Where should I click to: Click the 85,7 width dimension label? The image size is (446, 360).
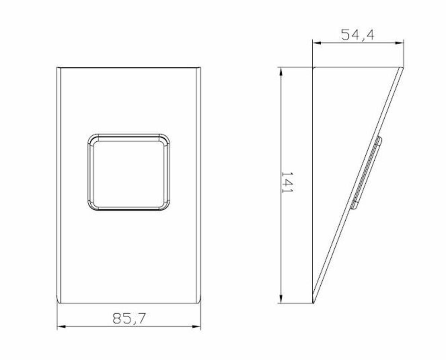tap(129, 318)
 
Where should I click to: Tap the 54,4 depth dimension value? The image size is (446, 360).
tap(358, 35)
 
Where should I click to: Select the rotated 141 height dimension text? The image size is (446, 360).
tap(287, 182)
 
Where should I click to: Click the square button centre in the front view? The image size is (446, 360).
tap(129, 172)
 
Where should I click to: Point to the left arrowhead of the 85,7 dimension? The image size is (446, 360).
tap(60, 327)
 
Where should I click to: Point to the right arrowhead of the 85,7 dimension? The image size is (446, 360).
tap(197, 327)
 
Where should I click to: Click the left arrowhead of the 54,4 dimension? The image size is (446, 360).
tap(316, 43)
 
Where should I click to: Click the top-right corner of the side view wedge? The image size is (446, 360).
tap(403, 68)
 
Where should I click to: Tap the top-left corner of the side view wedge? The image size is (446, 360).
tap(313, 68)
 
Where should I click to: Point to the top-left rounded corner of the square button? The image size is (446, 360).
tap(91, 137)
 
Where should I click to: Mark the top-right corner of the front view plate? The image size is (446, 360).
tap(200, 68)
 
